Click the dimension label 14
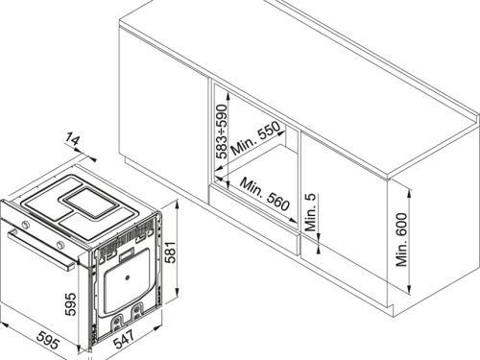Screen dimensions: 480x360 (x=72, y=140)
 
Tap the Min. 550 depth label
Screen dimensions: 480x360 (x=255, y=137)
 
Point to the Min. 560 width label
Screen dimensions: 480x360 (x=265, y=194)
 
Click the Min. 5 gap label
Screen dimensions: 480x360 (x=310, y=212)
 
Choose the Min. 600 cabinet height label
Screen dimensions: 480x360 (x=401, y=240)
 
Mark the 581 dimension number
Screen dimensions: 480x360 (x=171, y=252)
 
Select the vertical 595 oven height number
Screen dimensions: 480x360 (x=70, y=304)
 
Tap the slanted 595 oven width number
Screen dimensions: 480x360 (x=48, y=340)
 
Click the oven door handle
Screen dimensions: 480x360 (x=40, y=250)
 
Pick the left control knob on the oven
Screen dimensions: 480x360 (x=24, y=225)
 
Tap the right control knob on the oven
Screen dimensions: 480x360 (x=60, y=246)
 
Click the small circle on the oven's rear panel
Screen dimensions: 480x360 (x=128, y=277)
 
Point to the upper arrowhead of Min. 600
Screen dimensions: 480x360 (x=409, y=193)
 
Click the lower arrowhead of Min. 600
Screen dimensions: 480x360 (x=409, y=290)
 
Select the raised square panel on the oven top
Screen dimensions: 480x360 (x=91, y=203)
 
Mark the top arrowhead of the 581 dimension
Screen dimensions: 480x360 (x=177, y=204)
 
